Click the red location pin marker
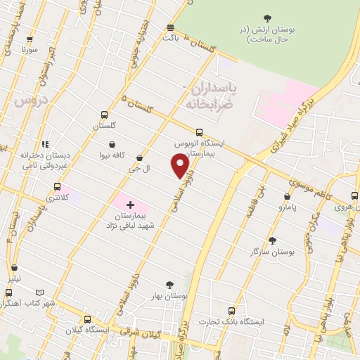[181, 167]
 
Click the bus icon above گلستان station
[105, 115]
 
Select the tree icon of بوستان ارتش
[266, 18]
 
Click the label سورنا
[28, 51]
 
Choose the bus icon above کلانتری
[58, 187]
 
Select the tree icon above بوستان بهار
[167, 285]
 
